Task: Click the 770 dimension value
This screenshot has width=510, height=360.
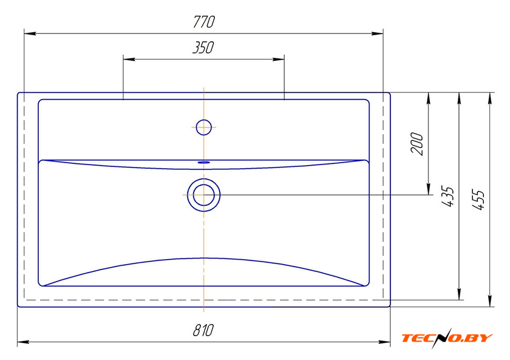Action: [204, 22]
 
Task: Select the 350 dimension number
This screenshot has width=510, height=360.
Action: [203, 47]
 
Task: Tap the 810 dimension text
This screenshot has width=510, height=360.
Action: [203, 330]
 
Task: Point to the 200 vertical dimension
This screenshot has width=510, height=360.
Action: [417, 144]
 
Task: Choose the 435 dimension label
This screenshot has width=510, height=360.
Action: [447, 196]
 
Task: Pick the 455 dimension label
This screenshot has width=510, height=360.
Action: [478, 199]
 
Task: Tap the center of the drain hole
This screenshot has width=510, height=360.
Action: [203, 195]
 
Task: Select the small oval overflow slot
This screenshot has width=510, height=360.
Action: [204, 161]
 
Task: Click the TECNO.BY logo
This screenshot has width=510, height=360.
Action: [447, 338]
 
